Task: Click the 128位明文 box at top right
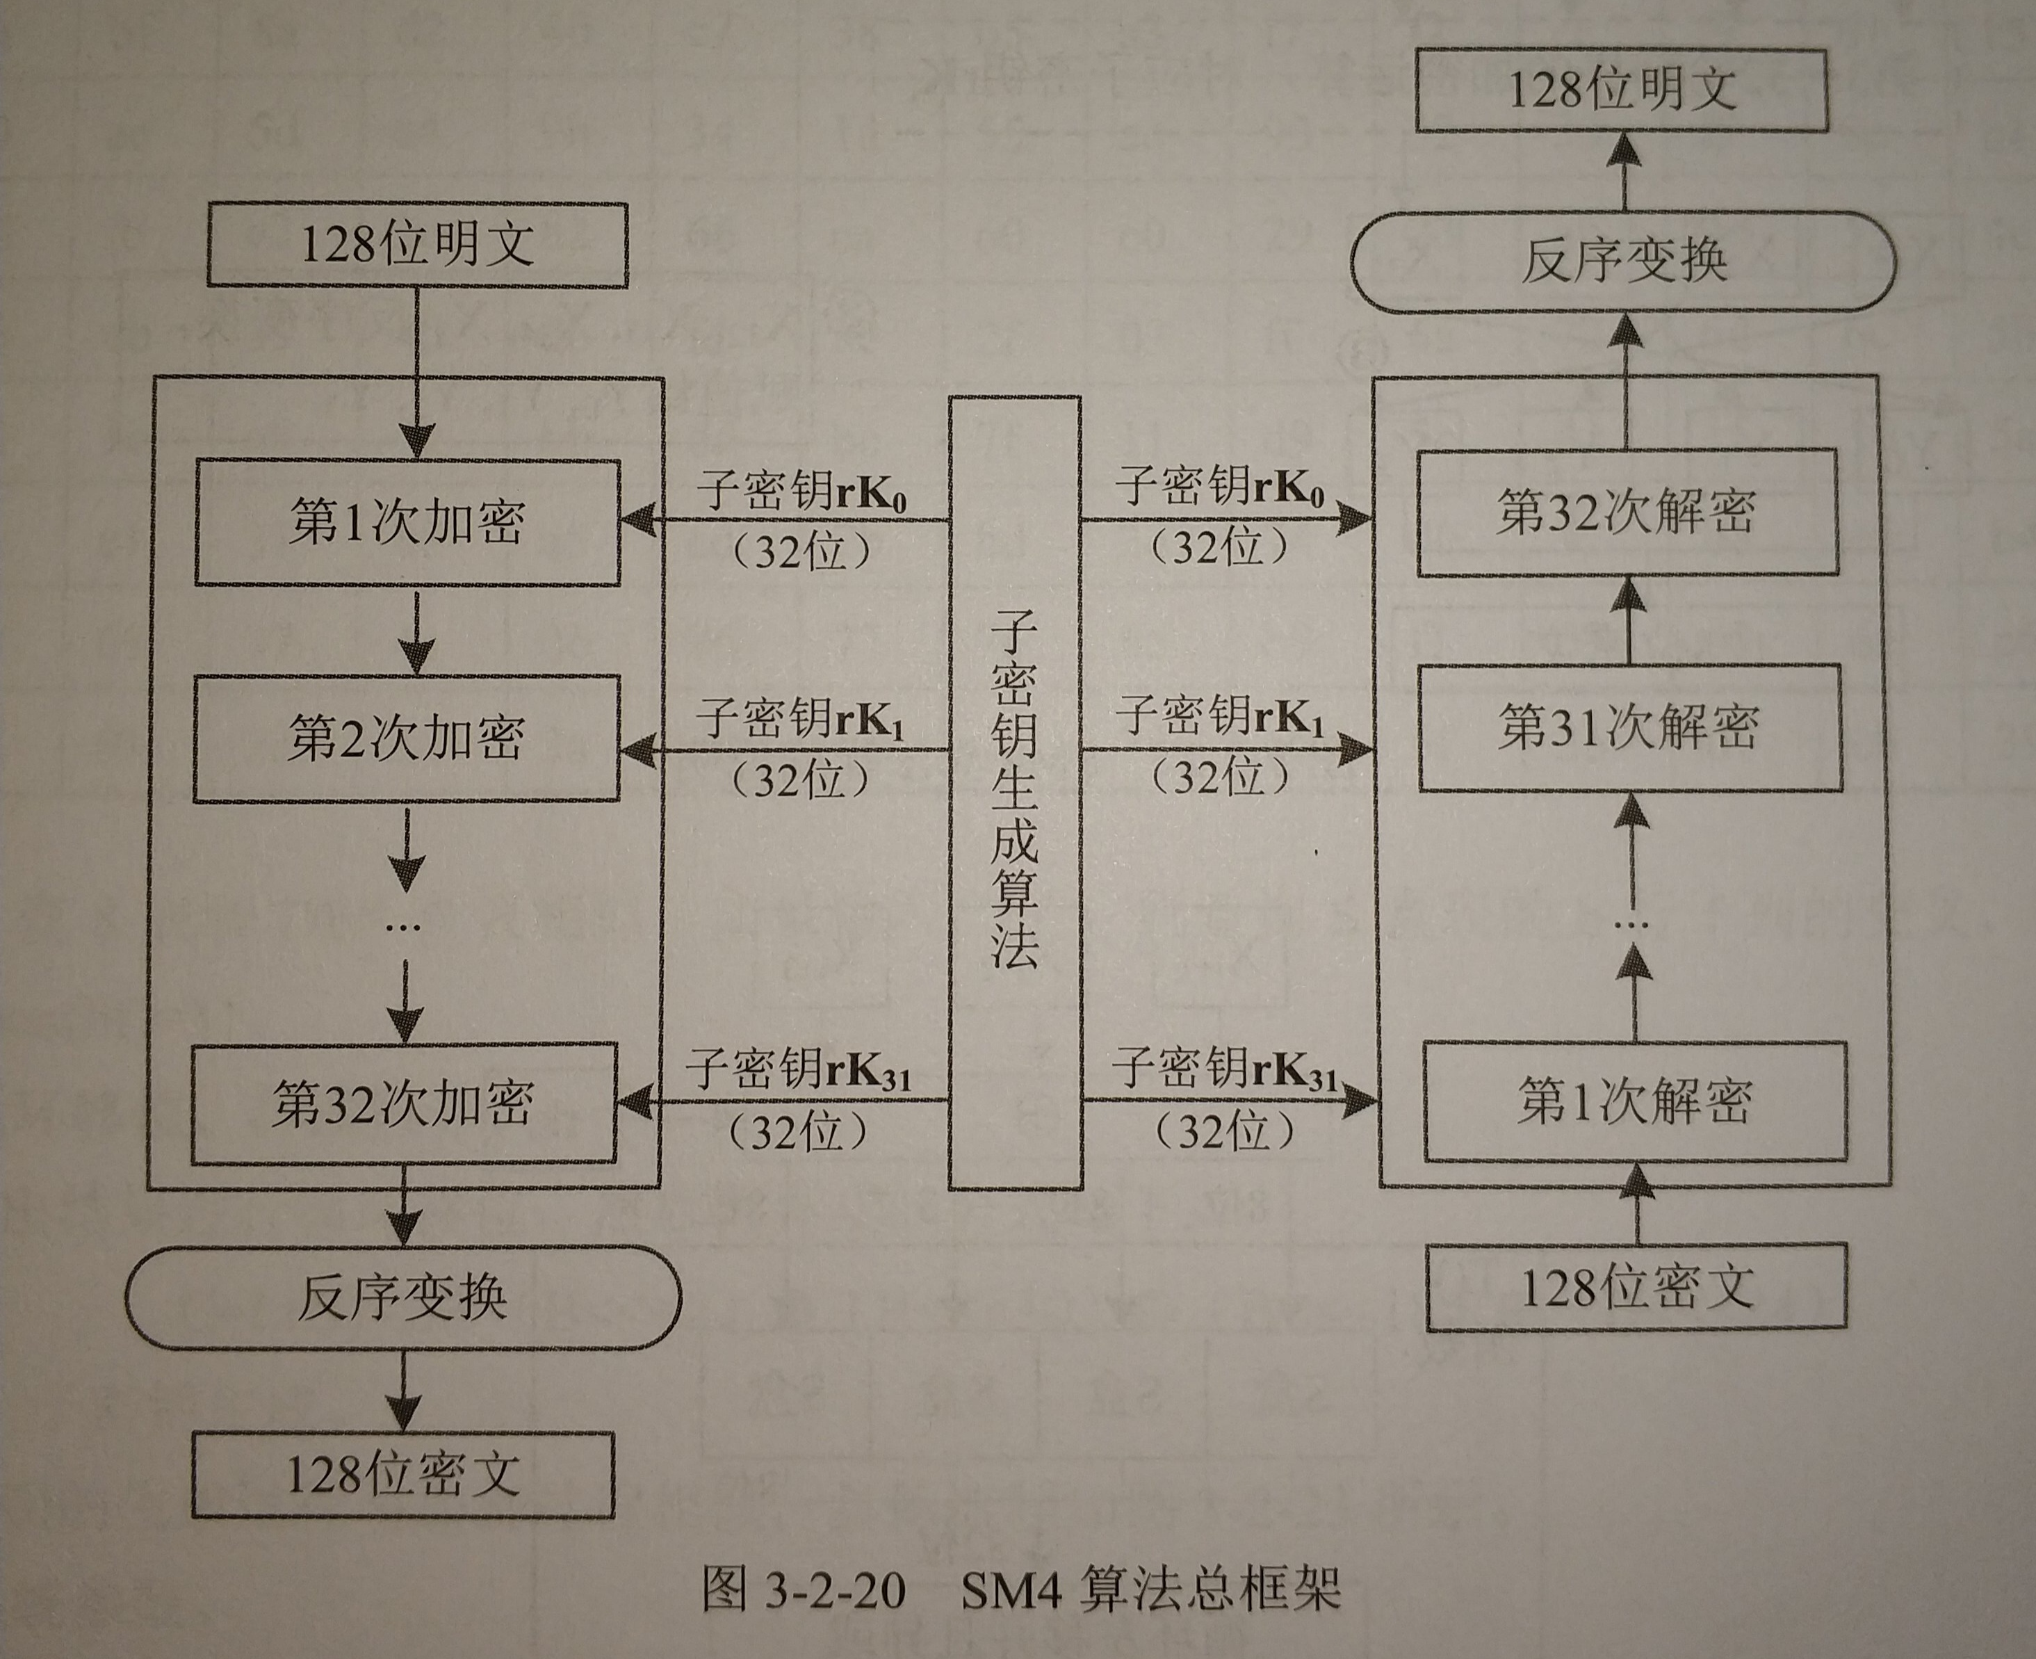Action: click(1620, 91)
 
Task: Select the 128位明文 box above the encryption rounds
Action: click(418, 245)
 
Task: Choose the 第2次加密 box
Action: click(406, 738)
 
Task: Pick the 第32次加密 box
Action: click(403, 1103)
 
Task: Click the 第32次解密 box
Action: click(1627, 512)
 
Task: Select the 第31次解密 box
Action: click(1630, 728)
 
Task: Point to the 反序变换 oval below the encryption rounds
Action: click(403, 1297)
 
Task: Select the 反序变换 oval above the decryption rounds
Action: click(1623, 261)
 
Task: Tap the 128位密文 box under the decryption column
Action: click(1636, 1287)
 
